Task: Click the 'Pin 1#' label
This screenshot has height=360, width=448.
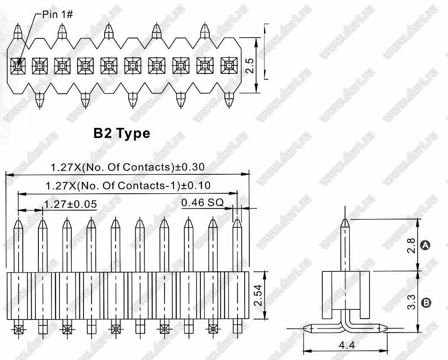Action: point(57,14)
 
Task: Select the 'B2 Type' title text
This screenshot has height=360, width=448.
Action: point(122,133)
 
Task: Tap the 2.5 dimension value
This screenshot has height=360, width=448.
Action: point(250,65)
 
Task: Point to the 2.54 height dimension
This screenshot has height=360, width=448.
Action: point(259,295)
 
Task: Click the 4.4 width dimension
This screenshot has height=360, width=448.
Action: point(347,345)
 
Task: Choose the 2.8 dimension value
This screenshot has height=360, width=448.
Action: point(412,246)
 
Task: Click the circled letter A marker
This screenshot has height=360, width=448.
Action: point(425,245)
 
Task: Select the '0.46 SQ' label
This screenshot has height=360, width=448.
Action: point(202,203)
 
